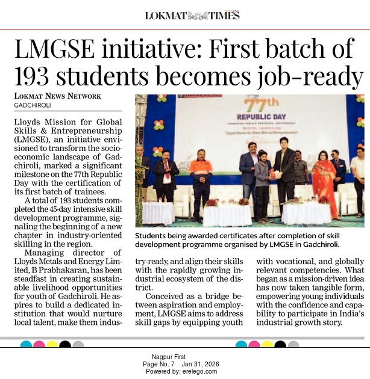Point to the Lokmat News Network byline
click(x=58, y=96)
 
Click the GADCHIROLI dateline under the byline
click(x=34, y=106)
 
